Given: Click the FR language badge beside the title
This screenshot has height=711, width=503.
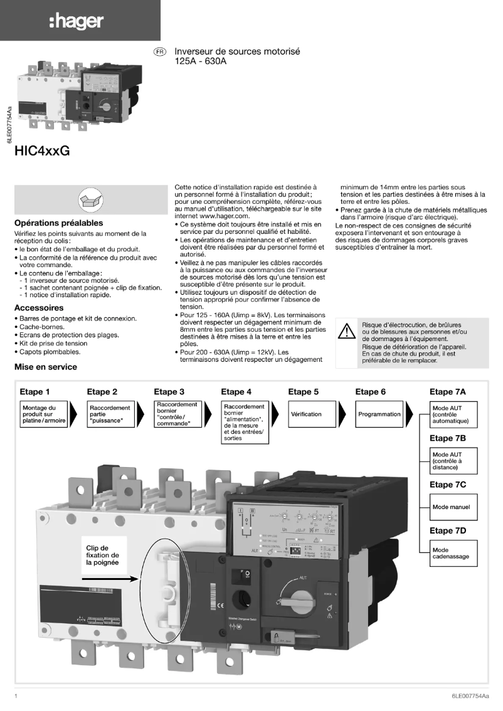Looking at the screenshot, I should pyautogui.click(x=160, y=53).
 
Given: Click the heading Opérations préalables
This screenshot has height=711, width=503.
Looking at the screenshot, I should pyautogui.click(x=59, y=223).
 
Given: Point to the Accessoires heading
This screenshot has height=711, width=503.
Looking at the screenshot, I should pyautogui.click(x=39, y=308).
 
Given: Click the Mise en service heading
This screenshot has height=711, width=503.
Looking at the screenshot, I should pyautogui.click(x=46, y=367).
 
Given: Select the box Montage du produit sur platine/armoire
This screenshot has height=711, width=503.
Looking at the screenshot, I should pyautogui.click(x=48, y=414).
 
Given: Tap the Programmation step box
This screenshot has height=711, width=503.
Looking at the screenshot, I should pyautogui.click(x=379, y=414).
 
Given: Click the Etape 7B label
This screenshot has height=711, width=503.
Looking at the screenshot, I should pyautogui.click(x=447, y=438).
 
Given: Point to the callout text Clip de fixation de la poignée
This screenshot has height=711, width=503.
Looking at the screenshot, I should pyautogui.click(x=102, y=555).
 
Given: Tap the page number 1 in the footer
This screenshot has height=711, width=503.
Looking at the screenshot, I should pyautogui.click(x=16, y=696).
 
